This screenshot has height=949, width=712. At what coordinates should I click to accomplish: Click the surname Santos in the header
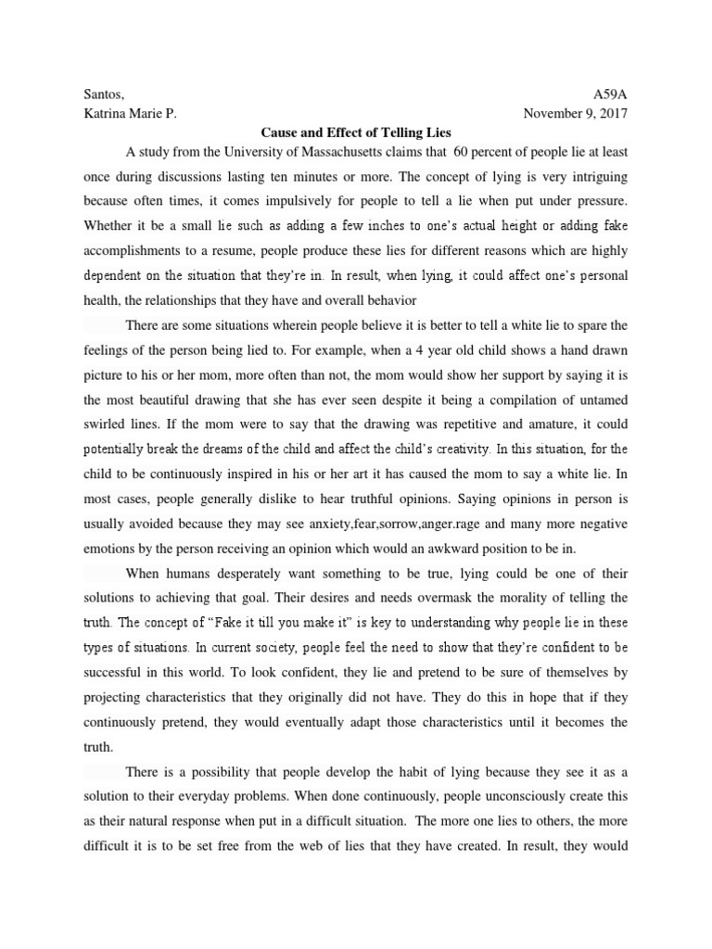[x=102, y=95]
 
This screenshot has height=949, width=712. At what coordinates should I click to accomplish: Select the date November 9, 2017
[x=575, y=114]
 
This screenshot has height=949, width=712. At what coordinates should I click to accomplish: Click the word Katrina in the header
[x=107, y=114]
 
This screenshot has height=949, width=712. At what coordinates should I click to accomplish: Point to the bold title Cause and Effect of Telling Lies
[x=355, y=133]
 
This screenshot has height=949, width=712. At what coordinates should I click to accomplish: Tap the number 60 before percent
[x=437, y=152]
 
